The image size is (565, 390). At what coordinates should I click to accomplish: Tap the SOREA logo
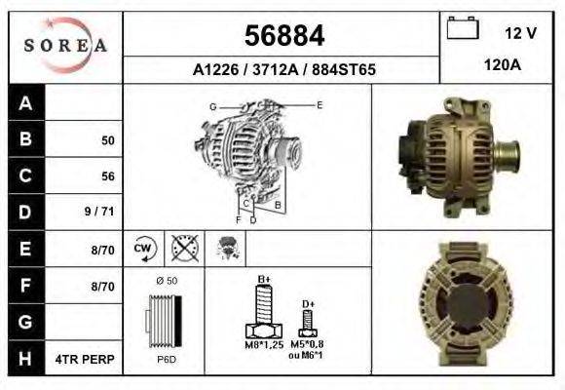65,45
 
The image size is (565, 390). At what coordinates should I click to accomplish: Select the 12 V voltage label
520,33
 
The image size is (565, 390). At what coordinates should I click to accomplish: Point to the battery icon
462,29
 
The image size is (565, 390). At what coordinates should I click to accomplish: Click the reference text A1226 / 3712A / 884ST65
283,70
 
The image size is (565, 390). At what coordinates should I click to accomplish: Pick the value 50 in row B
107,140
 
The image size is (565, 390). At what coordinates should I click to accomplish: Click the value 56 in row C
107,176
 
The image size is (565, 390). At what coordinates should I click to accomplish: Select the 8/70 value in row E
102,250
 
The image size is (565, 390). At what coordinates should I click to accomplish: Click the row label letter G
25,323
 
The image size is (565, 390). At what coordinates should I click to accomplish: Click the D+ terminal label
308,304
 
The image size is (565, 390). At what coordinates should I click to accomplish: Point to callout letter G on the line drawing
212,105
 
